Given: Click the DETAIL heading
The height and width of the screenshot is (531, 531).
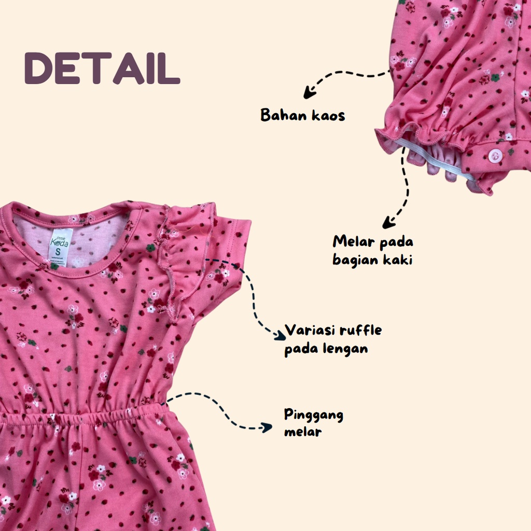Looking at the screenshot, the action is tap(102, 68).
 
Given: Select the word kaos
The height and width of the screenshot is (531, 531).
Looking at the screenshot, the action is tap(329, 115).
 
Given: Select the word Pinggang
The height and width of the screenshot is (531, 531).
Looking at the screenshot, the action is tap(314, 416).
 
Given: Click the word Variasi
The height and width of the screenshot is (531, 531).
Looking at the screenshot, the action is tap(309, 330).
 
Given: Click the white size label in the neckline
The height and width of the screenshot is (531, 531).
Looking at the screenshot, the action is tap(61, 244).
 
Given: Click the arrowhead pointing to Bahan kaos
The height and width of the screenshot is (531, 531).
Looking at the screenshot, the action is tap(309, 94).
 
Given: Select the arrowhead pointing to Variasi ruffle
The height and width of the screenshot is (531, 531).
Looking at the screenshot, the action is tap(280, 336).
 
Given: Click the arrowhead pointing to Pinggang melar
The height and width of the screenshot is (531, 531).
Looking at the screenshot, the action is tap(268, 427).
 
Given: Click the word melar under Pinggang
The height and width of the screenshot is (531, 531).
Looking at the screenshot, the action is tap(303, 431).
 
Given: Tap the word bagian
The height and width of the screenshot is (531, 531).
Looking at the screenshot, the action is tap(356, 260).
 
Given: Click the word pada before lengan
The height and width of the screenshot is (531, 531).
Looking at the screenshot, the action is tap(303, 348).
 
